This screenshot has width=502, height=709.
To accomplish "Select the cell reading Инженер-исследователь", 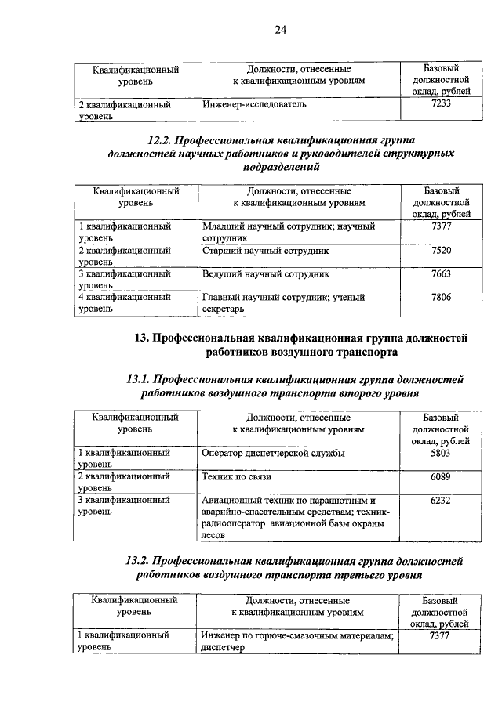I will [x=253, y=103].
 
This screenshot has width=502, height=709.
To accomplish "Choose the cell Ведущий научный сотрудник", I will [x=266, y=275].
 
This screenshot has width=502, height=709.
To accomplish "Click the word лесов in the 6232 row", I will [x=213, y=535].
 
